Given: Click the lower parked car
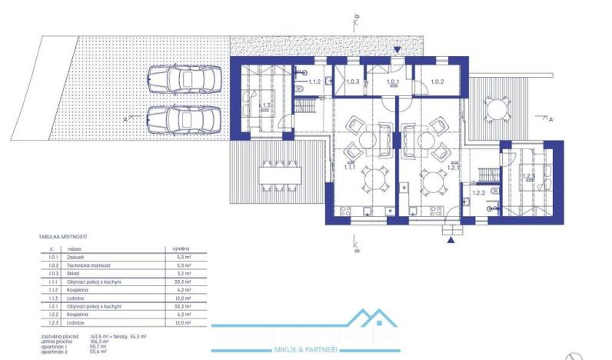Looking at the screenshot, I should point(182,118).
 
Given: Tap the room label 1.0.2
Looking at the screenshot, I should point(437,82).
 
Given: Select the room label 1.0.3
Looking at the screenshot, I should point(352,82).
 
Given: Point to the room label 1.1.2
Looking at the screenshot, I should point(314,81).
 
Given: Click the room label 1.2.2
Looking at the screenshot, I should point(479,193).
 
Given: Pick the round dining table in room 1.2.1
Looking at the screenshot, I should point(431,183).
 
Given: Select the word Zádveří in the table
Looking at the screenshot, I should point(77,258).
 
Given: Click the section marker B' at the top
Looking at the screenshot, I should point(358,16).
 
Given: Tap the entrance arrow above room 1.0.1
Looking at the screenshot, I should point(397,51).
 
